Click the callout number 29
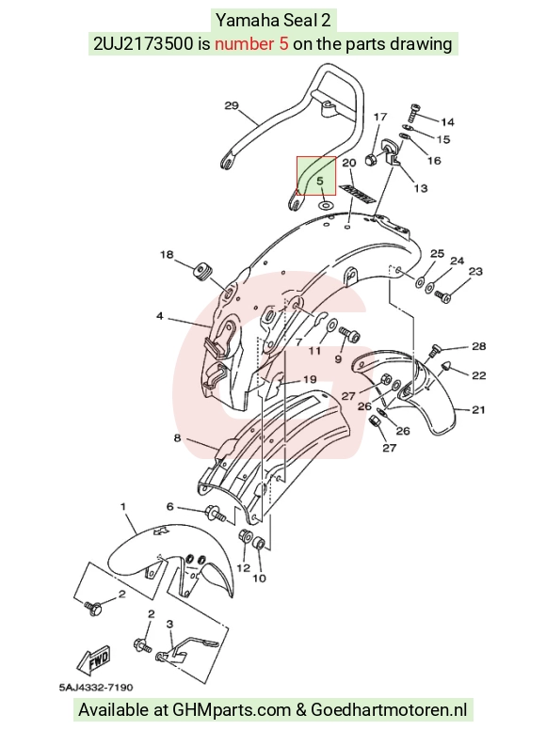point(232,105)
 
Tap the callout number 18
point(167,255)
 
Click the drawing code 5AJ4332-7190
point(96,687)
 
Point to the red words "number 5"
point(251,44)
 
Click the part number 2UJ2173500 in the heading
point(143,44)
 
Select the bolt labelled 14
point(413,112)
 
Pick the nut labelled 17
point(373,159)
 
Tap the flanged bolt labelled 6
point(215,514)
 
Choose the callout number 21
point(478,410)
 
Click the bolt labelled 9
point(350,333)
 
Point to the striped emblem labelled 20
point(358,194)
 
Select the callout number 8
point(177,438)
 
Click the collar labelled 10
point(259,543)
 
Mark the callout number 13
point(421,188)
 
